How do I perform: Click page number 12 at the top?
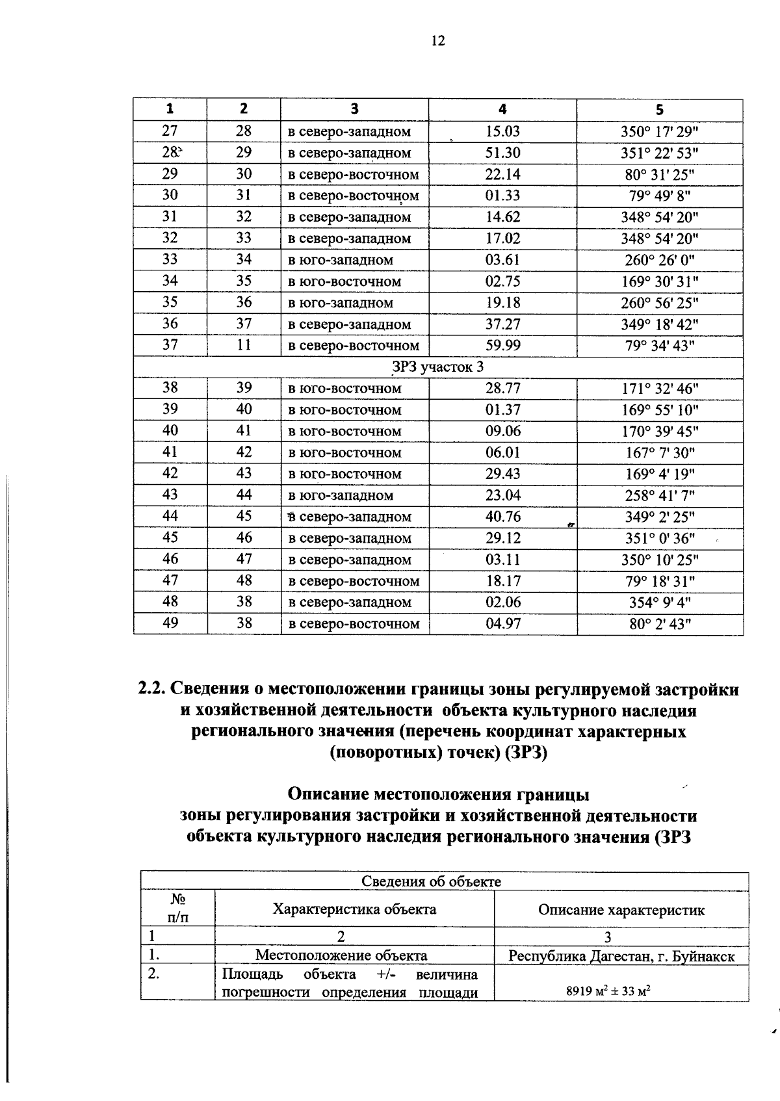(437, 41)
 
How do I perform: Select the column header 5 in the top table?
(659, 110)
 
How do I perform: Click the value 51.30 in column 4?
(502, 153)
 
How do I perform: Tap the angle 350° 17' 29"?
(659, 131)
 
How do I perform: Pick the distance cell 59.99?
(502, 346)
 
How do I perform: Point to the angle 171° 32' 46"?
(659, 389)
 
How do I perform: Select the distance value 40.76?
(502, 517)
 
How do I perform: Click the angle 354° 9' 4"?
(659, 602)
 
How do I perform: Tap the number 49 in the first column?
(170, 623)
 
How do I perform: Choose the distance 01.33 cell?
(502, 196)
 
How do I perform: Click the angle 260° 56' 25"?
(659, 303)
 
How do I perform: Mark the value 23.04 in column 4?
(502, 496)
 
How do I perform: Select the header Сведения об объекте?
(431, 881)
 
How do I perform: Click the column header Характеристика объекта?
(354, 909)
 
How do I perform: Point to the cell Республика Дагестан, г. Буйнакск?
(621, 956)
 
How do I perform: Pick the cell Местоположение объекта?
(341, 955)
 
